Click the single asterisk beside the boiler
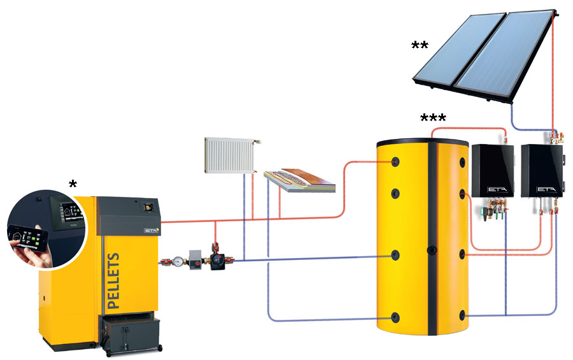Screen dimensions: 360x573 [x=73, y=184]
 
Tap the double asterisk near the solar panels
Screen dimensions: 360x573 [x=420, y=45]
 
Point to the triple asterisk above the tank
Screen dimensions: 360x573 [x=434, y=118]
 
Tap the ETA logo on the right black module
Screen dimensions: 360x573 [x=544, y=189]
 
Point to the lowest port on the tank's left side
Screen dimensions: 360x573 [x=395, y=317]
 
